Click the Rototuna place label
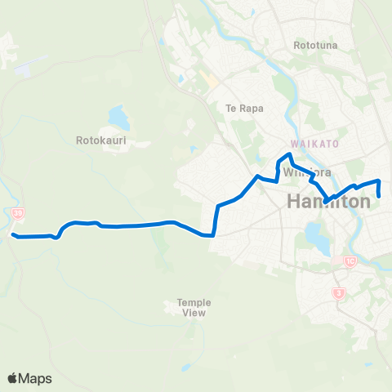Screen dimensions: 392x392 (x=315, y=46)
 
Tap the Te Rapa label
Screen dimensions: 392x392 (x=242, y=108)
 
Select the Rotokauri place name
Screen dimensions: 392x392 (x=99, y=140)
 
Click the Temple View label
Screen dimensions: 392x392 (x=194, y=307)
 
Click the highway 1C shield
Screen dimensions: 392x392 (x=350, y=262)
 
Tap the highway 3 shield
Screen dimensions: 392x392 (x=336, y=292)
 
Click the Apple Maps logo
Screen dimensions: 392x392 (x=29, y=378)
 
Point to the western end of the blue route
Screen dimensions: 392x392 (x=14, y=236)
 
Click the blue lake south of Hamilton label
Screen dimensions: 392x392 (x=314, y=236)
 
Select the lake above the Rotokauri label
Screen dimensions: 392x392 (x=119, y=118)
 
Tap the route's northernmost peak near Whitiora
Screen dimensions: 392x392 (x=288, y=154)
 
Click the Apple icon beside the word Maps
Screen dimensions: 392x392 (x=12, y=377)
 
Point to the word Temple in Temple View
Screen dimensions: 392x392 (x=194, y=302)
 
